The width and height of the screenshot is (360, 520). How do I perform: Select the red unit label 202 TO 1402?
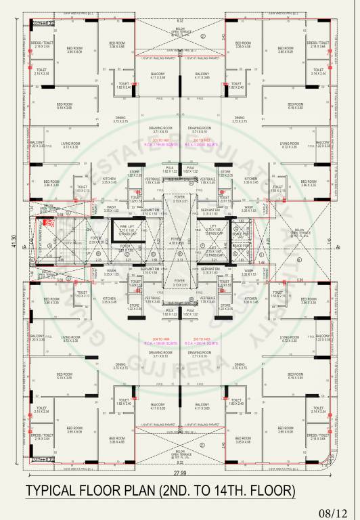pos(202,139)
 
